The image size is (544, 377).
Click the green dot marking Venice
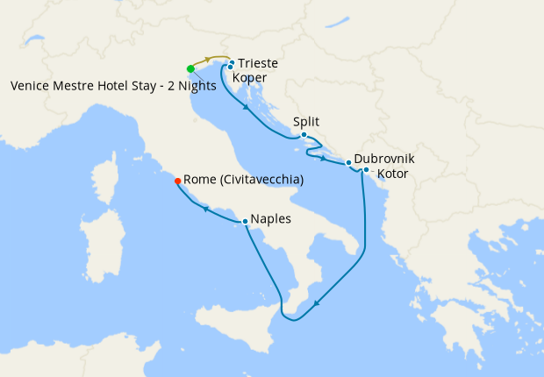tap(190, 68)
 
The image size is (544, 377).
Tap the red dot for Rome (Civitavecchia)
tap(178, 181)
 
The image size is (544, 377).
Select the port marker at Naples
tap(245, 222)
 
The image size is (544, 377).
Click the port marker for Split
tap(304, 135)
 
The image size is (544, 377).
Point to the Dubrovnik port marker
tap(348, 163)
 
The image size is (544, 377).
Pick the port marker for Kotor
tap(366, 169)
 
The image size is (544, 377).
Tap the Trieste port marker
tap(232, 62)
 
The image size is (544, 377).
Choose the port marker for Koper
tap(229, 68)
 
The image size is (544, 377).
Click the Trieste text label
tap(258, 64)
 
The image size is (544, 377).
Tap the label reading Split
tap(307, 122)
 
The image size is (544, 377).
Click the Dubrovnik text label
tap(384, 160)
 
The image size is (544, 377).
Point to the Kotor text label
tap(392, 174)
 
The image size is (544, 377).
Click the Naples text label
tap(271, 219)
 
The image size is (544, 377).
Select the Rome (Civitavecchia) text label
tap(244, 180)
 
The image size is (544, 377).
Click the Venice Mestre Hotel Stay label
tap(112, 86)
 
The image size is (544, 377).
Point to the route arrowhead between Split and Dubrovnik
tap(326, 159)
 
